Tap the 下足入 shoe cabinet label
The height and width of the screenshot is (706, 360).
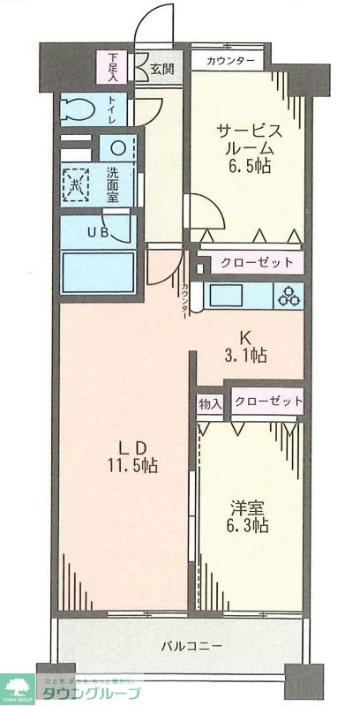click(x=114, y=68)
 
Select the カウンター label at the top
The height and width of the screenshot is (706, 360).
click(x=232, y=61)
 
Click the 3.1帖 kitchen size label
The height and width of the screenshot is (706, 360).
click(x=249, y=356)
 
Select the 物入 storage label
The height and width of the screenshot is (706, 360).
click(x=210, y=402)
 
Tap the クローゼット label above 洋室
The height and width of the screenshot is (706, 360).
click(x=268, y=402)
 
